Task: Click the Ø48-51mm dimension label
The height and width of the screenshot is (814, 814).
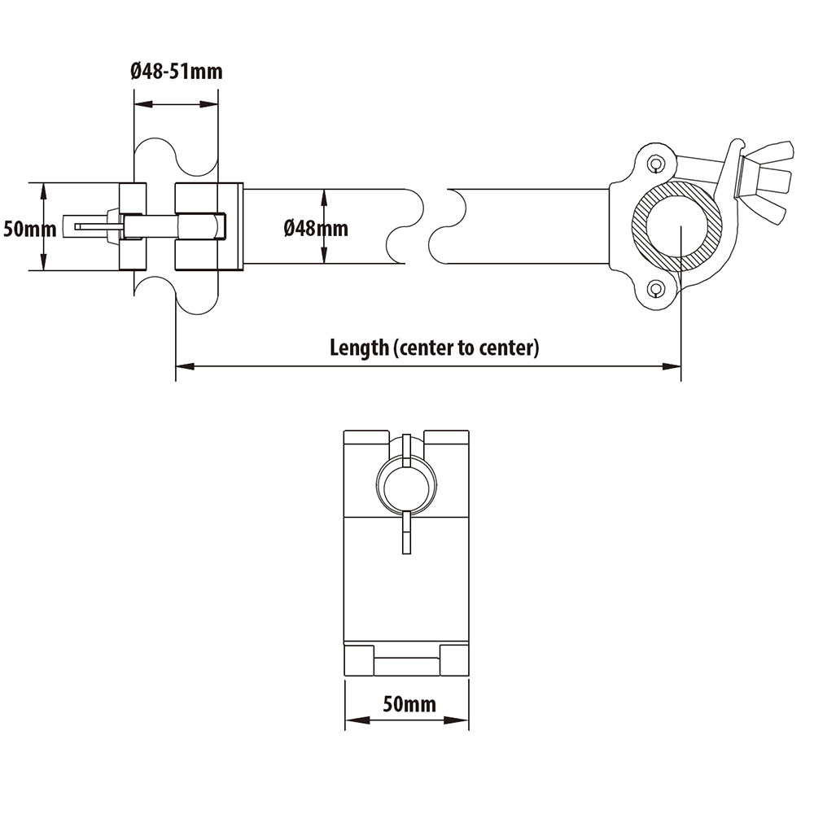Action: point(176,72)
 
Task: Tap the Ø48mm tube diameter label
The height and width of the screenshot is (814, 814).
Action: point(316,228)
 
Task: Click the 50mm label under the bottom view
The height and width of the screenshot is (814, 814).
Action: point(409,703)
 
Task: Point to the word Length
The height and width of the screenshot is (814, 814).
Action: point(359,348)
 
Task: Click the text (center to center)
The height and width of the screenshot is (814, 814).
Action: point(466,348)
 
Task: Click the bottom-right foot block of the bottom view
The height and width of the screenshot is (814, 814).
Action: point(454,659)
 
